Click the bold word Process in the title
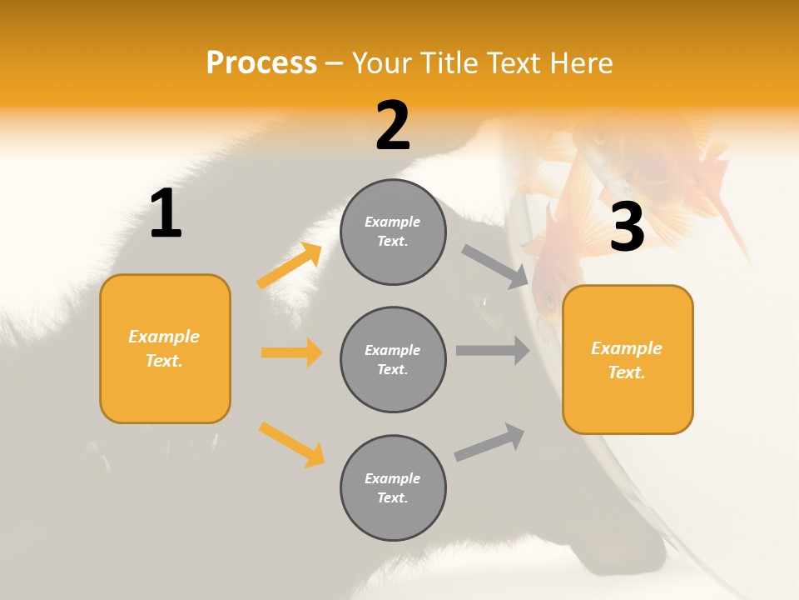pyautogui.click(x=261, y=63)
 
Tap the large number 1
pyautogui.click(x=166, y=214)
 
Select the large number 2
pyautogui.click(x=393, y=126)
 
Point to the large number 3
pyautogui.click(x=627, y=227)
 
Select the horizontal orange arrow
pyautogui.click(x=291, y=352)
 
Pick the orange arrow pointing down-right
pyautogui.click(x=291, y=444)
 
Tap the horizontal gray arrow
pyautogui.click(x=493, y=351)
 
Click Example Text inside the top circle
pyautogui.click(x=393, y=232)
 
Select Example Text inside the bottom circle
pyautogui.click(x=393, y=488)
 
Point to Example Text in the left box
pyautogui.click(x=165, y=348)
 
